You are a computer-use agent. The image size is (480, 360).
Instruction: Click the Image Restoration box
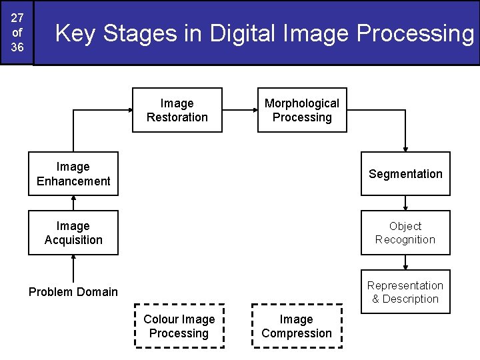tap(177, 110)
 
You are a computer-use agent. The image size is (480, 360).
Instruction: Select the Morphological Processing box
tap(302, 110)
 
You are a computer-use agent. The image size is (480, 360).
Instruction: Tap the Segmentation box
tap(405, 174)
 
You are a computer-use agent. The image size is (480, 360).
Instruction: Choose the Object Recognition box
tap(405, 233)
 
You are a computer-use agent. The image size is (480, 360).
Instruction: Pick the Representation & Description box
tap(405, 292)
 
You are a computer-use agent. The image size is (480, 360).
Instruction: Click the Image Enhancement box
tap(73, 174)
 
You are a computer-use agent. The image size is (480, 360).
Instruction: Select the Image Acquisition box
tap(73, 233)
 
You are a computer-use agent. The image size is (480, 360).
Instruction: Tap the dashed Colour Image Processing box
tap(179, 326)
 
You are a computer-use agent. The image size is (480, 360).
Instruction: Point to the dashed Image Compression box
tap(297, 326)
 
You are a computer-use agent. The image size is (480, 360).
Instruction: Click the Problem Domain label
tap(73, 291)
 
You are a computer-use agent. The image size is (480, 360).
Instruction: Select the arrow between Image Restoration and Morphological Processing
tap(240, 110)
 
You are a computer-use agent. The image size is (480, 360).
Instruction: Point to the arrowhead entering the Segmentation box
tap(405, 148)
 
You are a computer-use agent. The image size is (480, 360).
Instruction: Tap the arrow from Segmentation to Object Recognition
tap(405, 203)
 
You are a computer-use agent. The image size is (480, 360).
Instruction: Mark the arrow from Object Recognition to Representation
tap(405, 262)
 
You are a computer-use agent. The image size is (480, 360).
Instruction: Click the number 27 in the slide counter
tap(17, 18)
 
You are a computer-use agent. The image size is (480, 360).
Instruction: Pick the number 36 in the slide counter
tap(17, 47)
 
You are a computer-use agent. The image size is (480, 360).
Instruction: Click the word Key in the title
tap(75, 33)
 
